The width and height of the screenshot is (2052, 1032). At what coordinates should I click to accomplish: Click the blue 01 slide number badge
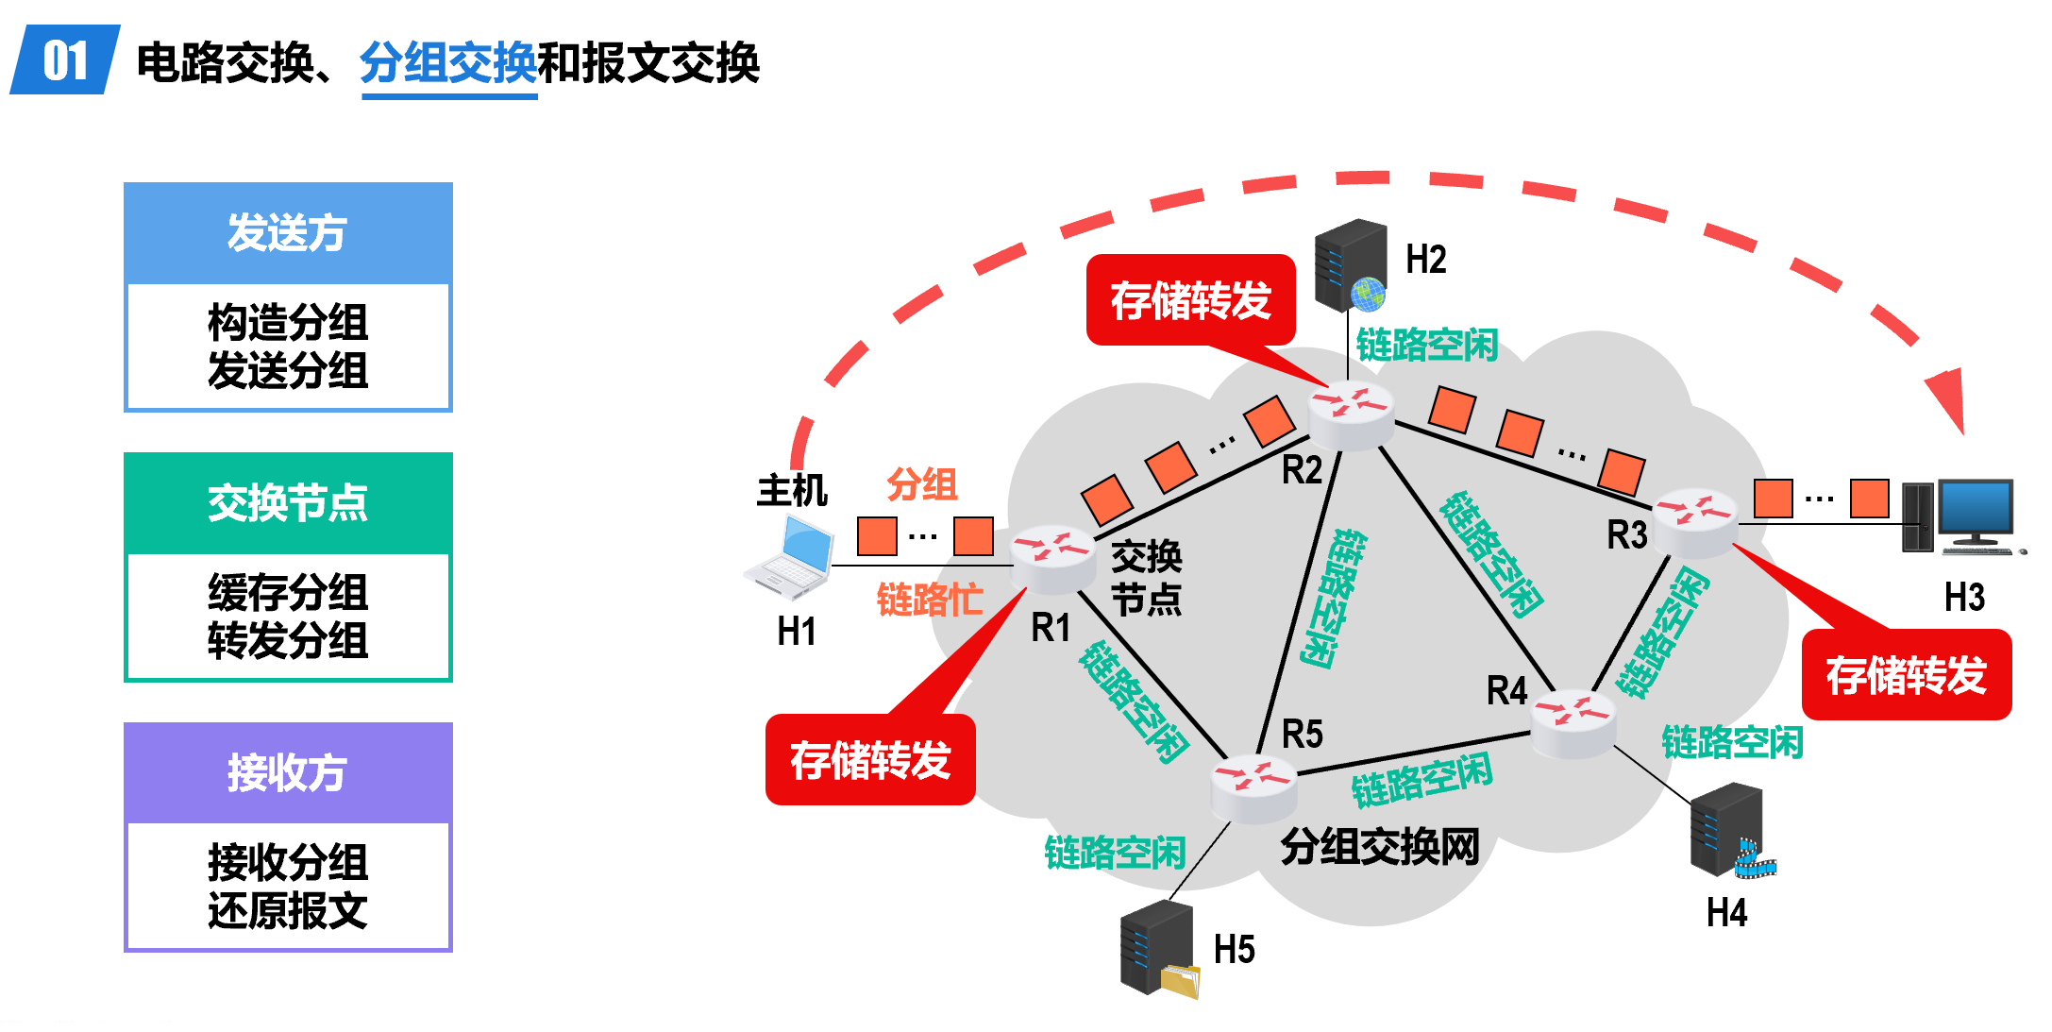click(x=64, y=60)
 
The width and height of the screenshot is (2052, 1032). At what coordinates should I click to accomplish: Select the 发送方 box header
click(x=288, y=233)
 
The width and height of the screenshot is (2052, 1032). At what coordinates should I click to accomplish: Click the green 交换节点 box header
click(x=288, y=503)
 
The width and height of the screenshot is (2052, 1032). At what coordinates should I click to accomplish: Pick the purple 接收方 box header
click(x=288, y=773)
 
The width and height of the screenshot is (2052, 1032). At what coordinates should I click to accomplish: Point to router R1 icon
click(x=1052, y=557)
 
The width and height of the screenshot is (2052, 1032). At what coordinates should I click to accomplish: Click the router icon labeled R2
click(x=1352, y=414)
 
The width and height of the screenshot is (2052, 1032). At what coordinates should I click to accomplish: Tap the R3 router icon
click(x=1695, y=520)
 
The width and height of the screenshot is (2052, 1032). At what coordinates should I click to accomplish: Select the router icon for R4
click(x=1573, y=722)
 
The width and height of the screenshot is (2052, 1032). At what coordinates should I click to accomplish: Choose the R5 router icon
click(x=1254, y=787)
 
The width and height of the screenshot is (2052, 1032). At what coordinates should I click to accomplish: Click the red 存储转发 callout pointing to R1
click(x=870, y=760)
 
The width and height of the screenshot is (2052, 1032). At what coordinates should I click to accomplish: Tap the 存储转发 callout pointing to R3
click(x=1907, y=675)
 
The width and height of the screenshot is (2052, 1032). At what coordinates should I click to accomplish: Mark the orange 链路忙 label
click(x=930, y=600)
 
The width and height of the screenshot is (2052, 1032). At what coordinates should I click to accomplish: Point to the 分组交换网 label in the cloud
click(x=1380, y=847)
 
